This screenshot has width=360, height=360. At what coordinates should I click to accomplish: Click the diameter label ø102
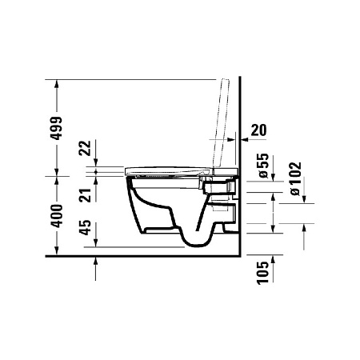(294, 177)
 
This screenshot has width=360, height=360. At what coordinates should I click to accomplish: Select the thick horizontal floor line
(144, 258)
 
